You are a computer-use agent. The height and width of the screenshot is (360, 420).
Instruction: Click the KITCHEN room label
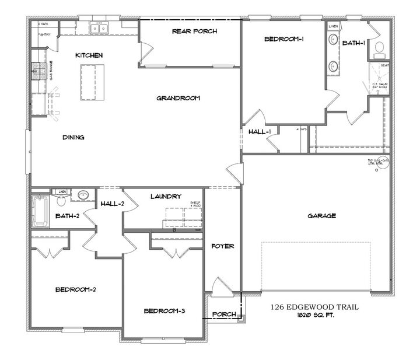point(89,55)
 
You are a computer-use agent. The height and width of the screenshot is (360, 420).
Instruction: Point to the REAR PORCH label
point(194,31)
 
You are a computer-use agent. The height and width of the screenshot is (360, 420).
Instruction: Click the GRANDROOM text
point(178,99)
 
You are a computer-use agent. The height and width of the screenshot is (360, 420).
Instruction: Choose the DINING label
point(73,138)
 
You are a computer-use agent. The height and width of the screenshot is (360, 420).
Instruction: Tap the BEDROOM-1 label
point(284,39)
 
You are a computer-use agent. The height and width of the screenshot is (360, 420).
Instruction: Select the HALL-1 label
point(259,132)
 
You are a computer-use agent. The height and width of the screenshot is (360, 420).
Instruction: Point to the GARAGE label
point(321,216)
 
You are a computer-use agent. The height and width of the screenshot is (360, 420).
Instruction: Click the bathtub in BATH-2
point(40,211)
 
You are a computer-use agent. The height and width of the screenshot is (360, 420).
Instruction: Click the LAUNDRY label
point(165,197)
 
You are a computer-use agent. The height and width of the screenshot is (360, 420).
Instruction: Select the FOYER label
point(223,246)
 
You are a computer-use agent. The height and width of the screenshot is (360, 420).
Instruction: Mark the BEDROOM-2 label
point(75,289)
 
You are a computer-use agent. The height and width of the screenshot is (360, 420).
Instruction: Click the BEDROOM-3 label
point(164,311)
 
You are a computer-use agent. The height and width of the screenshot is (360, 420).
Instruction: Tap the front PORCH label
point(225,315)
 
